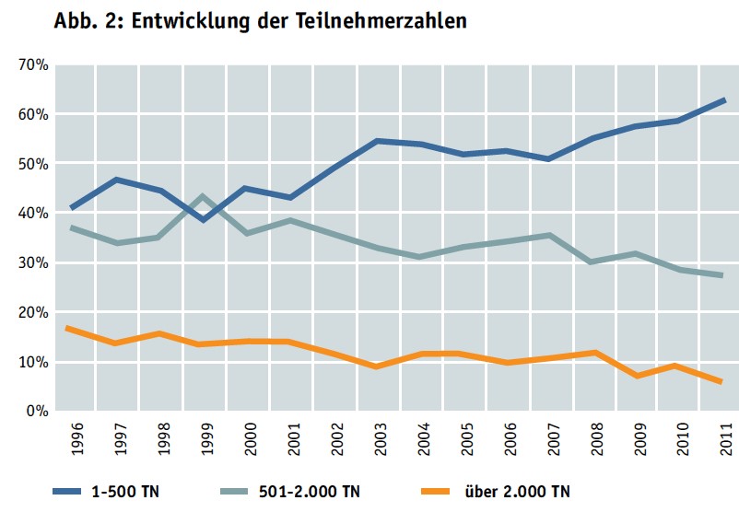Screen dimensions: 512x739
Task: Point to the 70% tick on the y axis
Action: click(33, 65)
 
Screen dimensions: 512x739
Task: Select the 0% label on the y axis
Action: click(37, 412)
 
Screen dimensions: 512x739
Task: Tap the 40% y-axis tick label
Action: click(33, 214)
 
